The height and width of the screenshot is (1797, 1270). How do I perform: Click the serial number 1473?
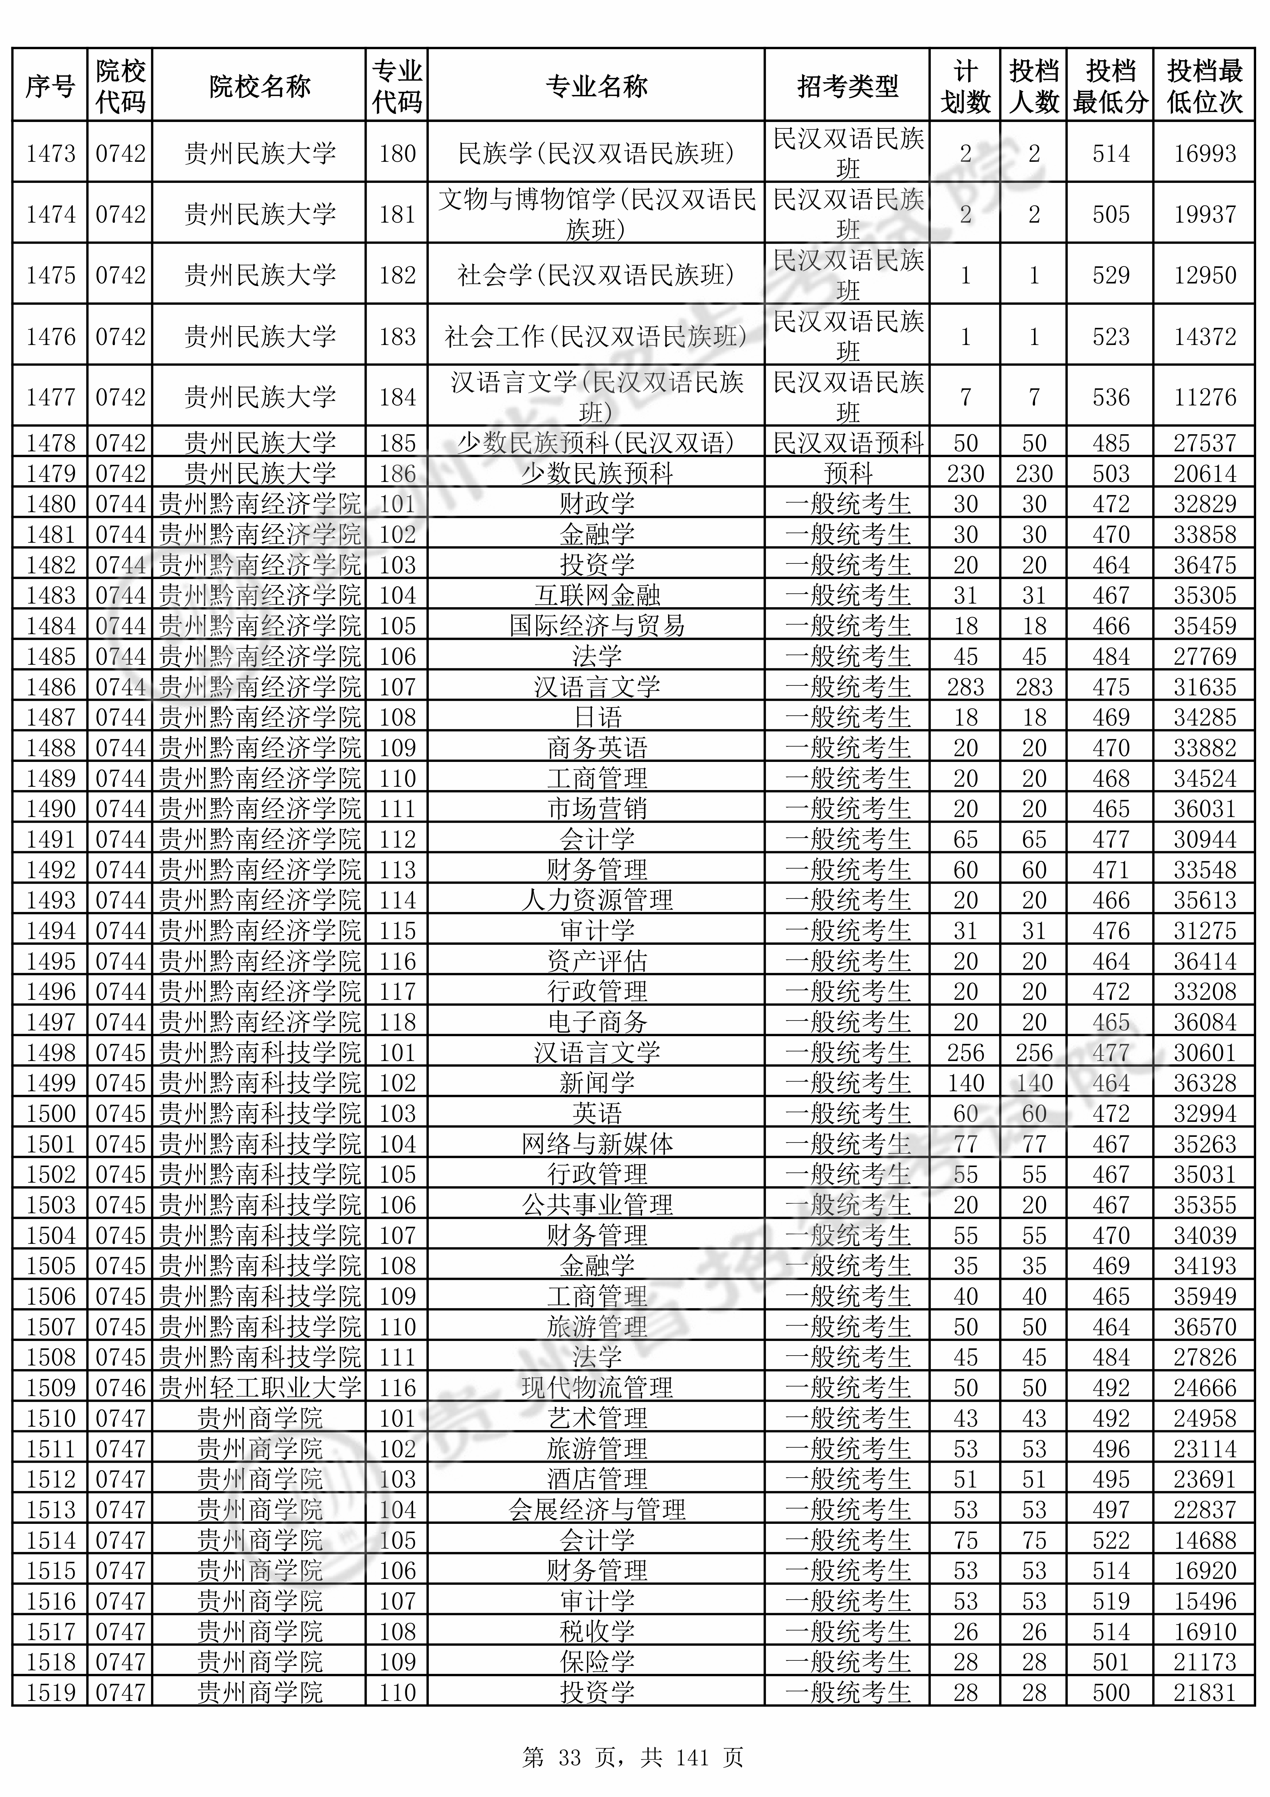pyautogui.click(x=51, y=153)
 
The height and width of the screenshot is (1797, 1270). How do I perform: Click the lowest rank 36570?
pyautogui.click(x=1204, y=1327)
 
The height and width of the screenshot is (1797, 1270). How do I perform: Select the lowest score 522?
pyautogui.click(x=1110, y=1540)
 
